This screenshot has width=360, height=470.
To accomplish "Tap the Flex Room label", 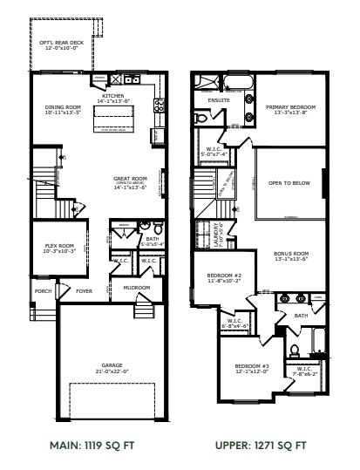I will (62, 247).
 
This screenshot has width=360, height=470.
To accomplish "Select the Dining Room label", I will (62, 109).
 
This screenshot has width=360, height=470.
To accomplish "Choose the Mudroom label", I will (136, 287).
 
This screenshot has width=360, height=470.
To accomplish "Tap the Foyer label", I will (84, 291).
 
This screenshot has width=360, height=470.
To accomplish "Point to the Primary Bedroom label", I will (290, 107).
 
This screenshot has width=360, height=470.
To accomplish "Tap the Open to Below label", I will (289, 184).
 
